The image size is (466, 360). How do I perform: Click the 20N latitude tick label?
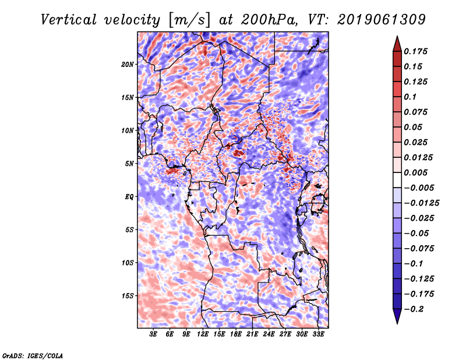pyautogui.click(x=127, y=65)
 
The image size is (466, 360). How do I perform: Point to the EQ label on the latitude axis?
pyautogui.click(x=129, y=197)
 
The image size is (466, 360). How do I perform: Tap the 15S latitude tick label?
pyautogui.click(x=127, y=296)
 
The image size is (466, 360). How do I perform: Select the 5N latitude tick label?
pyautogui.click(x=129, y=164)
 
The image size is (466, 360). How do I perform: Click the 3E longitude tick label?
pyautogui.click(x=153, y=334)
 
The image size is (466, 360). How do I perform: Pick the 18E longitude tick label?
pyautogui.click(x=236, y=334)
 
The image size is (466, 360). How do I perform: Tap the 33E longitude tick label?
pyautogui.click(x=318, y=334)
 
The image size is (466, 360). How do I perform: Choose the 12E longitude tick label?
pyautogui.click(x=203, y=334)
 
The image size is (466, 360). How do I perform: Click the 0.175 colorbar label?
pyautogui.click(x=415, y=51)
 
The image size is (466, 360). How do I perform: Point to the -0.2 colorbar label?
pyautogui.click(x=414, y=309)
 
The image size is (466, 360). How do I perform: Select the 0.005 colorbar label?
pyautogui.click(x=415, y=172)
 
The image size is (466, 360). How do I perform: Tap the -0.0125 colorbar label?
pyautogui.click(x=421, y=203)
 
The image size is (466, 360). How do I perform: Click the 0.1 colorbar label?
pyautogui.click(x=410, y=97)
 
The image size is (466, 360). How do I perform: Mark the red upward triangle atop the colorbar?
pyautogui.click(x=397, y=44)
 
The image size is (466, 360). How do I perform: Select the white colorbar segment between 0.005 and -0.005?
pyautogui.click(x=397, y=180)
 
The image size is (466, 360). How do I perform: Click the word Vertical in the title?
pyautogui.click(x=68, y=20)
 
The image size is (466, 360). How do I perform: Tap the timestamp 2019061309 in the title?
pyautogui.click(x=382, y=20)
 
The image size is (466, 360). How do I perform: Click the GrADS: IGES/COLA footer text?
pyautogui.click(x=32, y=355)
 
